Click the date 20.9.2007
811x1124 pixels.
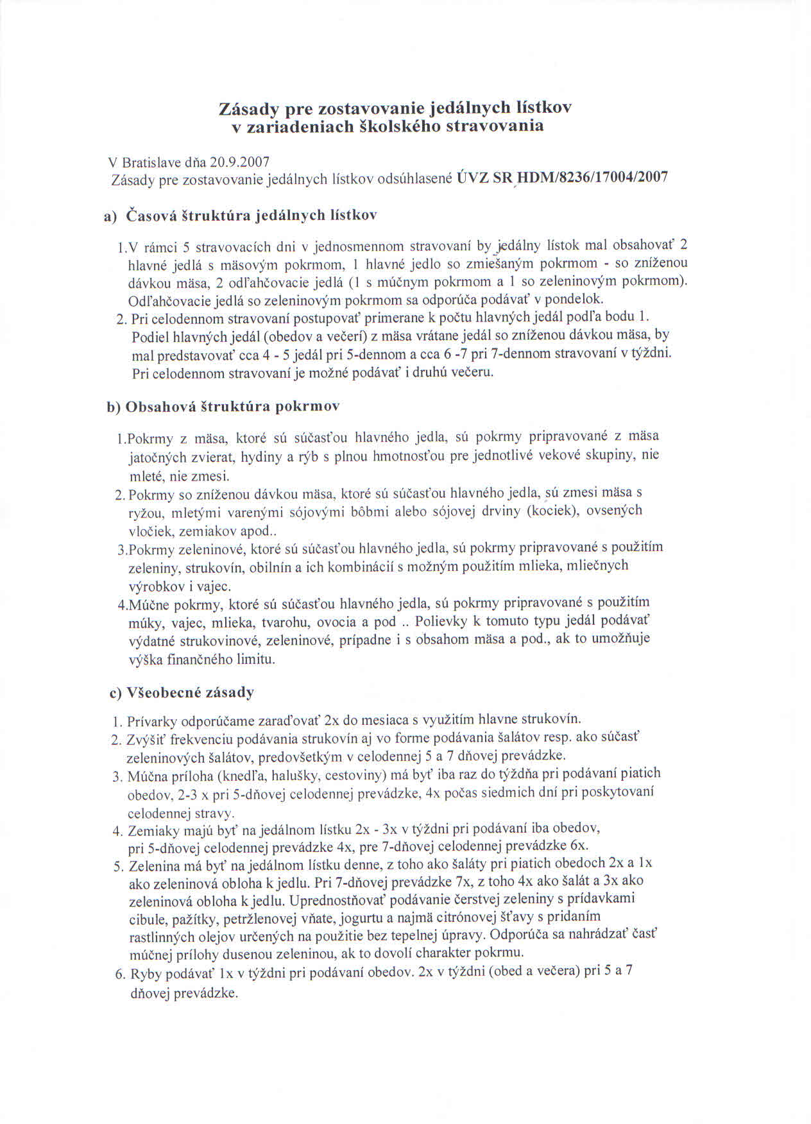click(x=235, y=161)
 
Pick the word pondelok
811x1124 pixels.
click(x=572, y=299)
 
